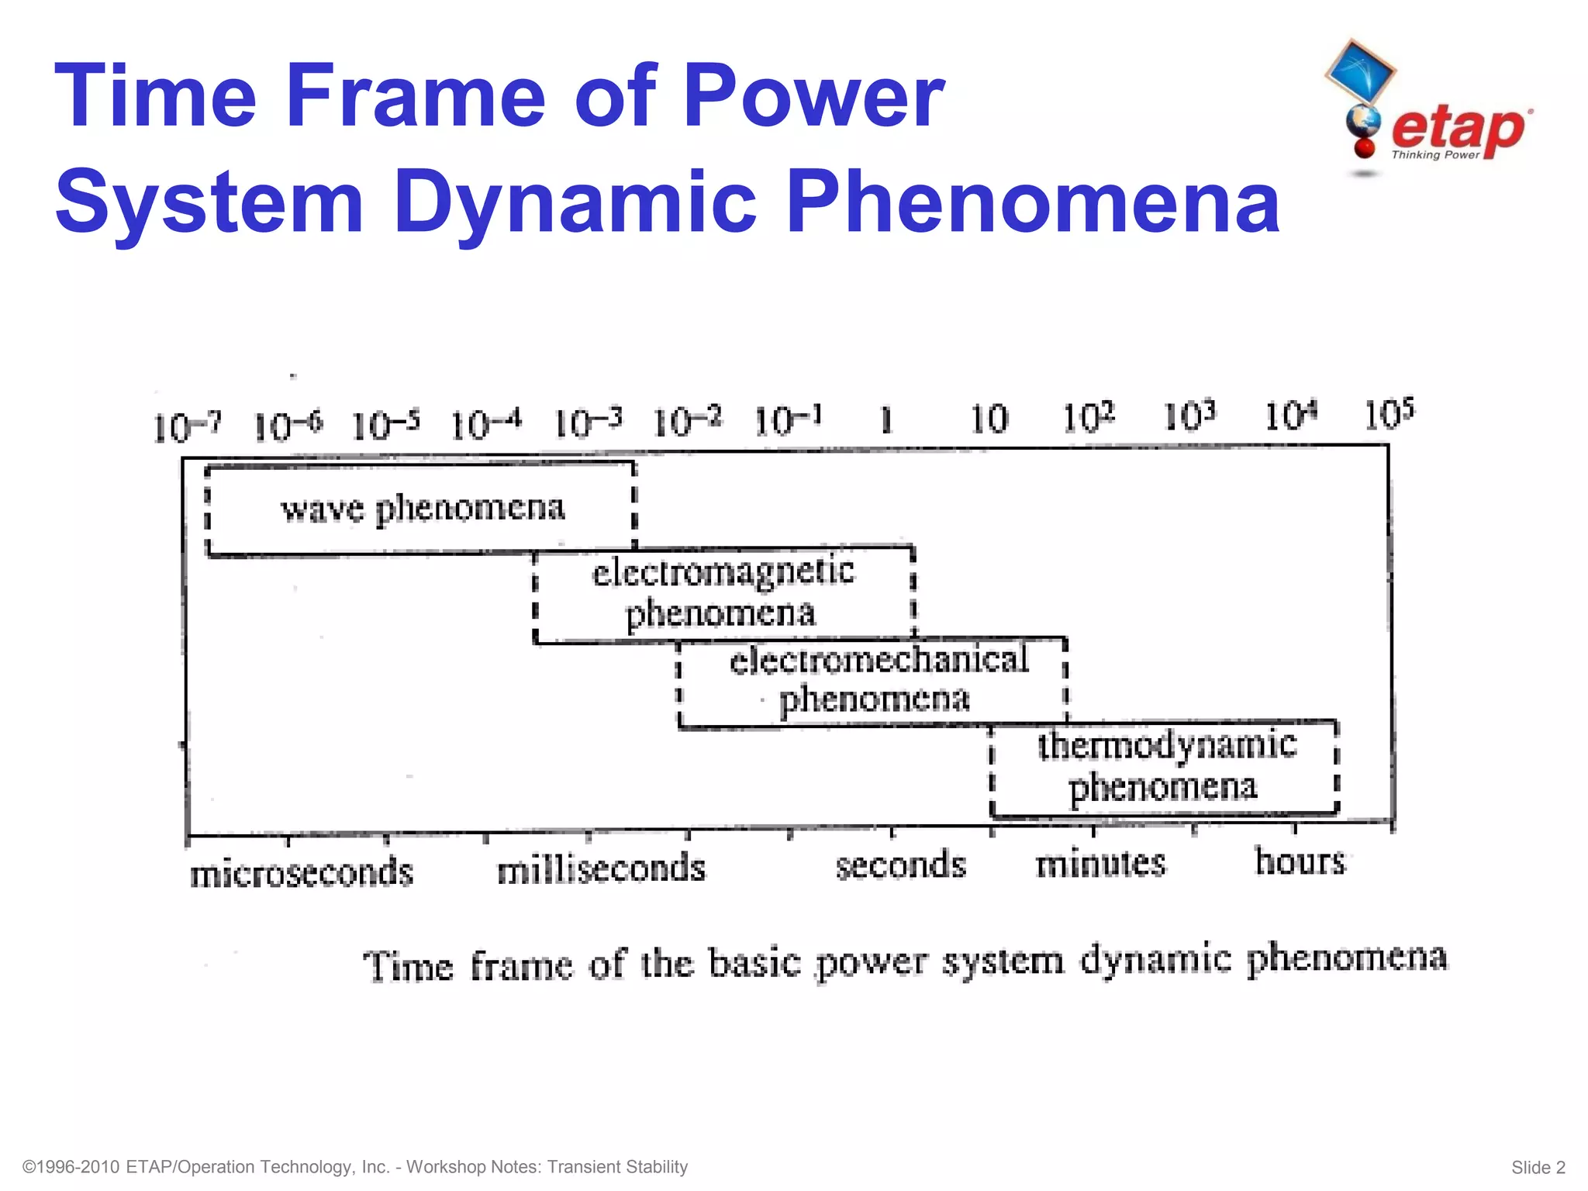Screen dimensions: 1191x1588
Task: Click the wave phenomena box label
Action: (x=423, y=509)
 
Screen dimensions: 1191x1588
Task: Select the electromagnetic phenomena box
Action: (x=723, y=594)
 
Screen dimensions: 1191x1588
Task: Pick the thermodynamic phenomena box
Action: (x=1165, y=766)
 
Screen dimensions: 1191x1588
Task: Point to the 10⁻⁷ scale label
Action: (x=187, y=426)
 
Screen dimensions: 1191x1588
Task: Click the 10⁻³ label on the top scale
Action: (x=588, y=423)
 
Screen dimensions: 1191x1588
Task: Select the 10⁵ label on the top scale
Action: (x=1389, y=415)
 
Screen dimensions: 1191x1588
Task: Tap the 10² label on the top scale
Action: (x=1088, y=418)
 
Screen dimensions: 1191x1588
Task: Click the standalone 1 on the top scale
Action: (x=886, y=420)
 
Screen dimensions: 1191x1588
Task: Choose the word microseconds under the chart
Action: (x=302, y=872)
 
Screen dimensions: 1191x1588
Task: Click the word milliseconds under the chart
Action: (x=601, y=868)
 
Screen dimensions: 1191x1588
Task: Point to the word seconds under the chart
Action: (x=900, y=865)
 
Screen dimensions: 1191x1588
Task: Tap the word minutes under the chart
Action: (x=1100, y=863)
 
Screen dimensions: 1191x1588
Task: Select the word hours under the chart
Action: (x=1300, y=861)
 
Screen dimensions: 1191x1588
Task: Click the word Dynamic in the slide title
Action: (x=575, y=202)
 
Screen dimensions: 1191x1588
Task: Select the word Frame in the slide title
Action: (x=415, y=97)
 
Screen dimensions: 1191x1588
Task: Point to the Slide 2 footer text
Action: (x=1538, y=1167)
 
